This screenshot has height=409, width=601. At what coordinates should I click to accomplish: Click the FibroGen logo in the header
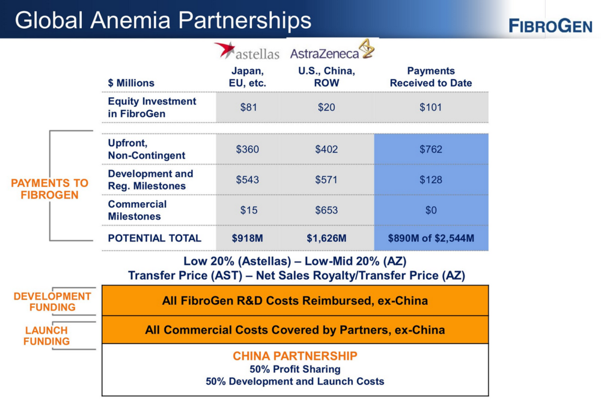pyautogui.click(x=551, y=26)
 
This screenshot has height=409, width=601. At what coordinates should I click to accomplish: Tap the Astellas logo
pyautogui.click(x=247, y=51)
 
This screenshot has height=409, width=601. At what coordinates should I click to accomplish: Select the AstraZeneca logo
pyautogui.click(x=332, y=49)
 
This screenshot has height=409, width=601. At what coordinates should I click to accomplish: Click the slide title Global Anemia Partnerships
pyautogui.click(x=163, y=20)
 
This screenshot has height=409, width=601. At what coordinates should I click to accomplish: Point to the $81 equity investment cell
pyautogui.click(x=248, y=107)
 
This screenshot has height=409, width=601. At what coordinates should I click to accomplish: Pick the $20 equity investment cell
pyautogui.click(x=326, y=107)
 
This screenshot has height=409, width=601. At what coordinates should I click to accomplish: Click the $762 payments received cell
pyautogui.click(x=431, y=149)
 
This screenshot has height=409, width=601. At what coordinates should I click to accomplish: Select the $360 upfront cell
pyautogui.click(x=247, y=149)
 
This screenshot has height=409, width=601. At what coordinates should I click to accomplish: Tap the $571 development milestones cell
pyautogui.click(x=326, y=180)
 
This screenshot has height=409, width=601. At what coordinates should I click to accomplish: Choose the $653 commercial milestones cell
pyautogui.click(x=326, y=210)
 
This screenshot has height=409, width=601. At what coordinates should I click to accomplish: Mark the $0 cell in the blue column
pyautogui.click(x=431, y=210)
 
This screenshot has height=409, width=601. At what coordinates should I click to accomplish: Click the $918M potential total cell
pyautogui.click(x=247, y=238)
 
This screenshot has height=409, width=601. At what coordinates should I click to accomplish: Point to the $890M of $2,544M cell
pyautogui.click(x=431, y=238)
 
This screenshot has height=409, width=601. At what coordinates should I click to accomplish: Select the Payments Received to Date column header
pyautogui.click(x=431, y=77)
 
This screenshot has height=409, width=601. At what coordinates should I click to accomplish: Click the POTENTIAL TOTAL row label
pyautogui.click(x=154, y=238)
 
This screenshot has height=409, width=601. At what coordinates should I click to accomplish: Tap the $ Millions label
pyautogui.click(x=131, y=83)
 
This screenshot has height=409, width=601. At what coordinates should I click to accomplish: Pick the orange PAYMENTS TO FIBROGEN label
pyautogui.click(x=49, y=189)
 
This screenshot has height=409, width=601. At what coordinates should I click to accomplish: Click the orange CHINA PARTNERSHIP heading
pyautogui.click(x=294, y=356)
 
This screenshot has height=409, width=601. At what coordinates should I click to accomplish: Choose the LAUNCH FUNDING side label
pyautogui.click(x=46, y=336)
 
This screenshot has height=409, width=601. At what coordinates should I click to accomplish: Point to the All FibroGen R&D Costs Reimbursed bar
pyautogui.click(x=295, y=300)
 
